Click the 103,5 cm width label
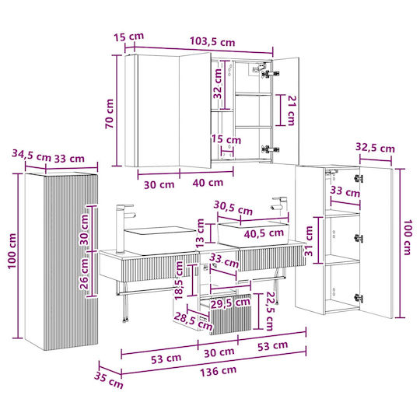(212, 41)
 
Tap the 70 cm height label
(110, 114)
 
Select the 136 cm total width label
(219, 371)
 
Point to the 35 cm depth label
(108, 380)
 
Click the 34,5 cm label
(31, 155)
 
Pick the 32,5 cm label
(375, 147)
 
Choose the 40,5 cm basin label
(264, 233)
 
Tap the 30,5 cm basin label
(233, 208)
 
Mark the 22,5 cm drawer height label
(269, 311)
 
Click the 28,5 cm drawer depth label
(194, 321)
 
